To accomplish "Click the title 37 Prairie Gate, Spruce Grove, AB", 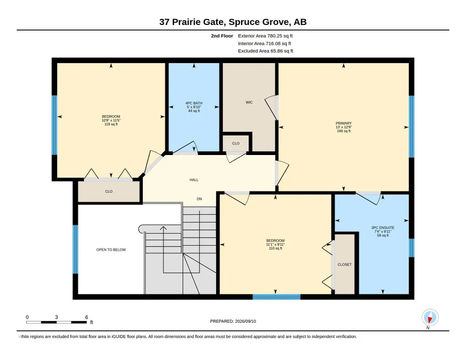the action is (x=233, y=22).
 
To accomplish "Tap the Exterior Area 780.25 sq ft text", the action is (x=265, y=36).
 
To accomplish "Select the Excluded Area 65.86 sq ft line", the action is (x=266, y=51).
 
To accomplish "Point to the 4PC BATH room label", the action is (x=194, y=103).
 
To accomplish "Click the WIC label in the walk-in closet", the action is (x=249, y=102).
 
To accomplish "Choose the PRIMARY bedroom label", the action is (x=344, y=123).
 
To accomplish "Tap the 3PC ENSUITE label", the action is (x=383, y=228).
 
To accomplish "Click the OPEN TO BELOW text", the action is (x=111, y=250).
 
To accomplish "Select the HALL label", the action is (x=194, y=180).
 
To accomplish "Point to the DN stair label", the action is (x=199, y=199).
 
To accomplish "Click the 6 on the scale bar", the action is (x=86, y=317).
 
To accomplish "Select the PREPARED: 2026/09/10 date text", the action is (x=233, y=321).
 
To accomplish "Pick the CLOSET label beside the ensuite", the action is (x=345, y=265).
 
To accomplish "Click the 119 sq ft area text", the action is (x=111, y=124).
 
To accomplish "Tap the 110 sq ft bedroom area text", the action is (x=275, y=248).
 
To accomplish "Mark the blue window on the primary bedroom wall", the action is (x=411, y=126).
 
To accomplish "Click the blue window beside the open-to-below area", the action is (x=75, y=249).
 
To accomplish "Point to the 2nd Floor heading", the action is (x=222, y=36).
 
